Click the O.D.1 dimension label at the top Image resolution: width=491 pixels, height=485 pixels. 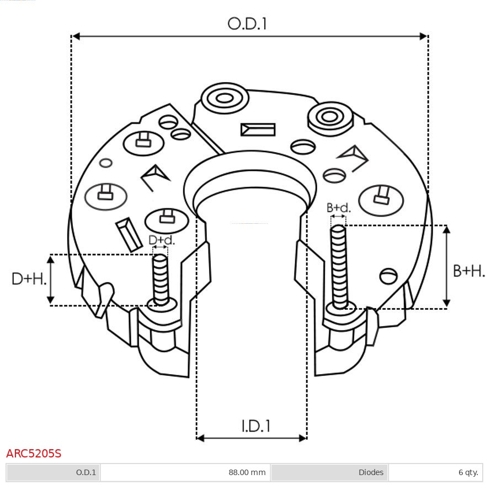point(247,24)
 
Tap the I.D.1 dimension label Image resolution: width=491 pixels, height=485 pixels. point(255,426)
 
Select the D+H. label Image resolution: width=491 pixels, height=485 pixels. point(29,278)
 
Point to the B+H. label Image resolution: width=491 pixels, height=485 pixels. point(469,271)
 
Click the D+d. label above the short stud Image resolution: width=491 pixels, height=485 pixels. point(161,240)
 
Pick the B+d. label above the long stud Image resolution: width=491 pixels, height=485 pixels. point(339,208)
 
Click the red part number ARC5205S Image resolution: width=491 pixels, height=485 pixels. point(34,454)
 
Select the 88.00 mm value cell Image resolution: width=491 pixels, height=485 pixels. point(247,472)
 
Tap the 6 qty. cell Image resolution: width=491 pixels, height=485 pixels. point(468,472)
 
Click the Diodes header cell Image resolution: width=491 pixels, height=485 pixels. point(371,472)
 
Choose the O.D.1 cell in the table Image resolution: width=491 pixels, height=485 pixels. point(86,472)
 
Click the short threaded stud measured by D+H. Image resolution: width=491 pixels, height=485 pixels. point(161,280)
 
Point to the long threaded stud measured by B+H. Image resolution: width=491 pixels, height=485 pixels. point(339,267)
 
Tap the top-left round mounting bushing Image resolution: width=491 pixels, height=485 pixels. point(225,98)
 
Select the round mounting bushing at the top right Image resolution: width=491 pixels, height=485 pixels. point(330,119)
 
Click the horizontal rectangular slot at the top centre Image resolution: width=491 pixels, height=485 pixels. point(258,130)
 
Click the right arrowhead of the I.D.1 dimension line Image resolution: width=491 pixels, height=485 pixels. point(302,438)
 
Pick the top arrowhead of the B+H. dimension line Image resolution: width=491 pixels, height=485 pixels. point(446,230)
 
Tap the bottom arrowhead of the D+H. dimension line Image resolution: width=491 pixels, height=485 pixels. point(50,300)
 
